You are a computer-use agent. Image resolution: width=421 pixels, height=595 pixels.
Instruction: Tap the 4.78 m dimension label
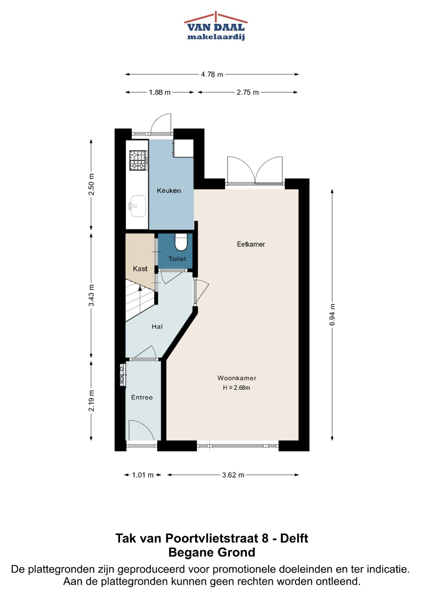212,75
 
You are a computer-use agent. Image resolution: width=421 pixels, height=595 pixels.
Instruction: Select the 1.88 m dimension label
160,93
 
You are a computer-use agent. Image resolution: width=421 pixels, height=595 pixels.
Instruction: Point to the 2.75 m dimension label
248,93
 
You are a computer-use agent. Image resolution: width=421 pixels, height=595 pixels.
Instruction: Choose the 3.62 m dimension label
233,475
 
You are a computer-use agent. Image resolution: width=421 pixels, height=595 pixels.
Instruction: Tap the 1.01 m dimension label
143,475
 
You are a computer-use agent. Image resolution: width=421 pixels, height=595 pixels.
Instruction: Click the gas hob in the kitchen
138,160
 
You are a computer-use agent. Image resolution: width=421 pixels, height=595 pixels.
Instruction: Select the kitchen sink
138,206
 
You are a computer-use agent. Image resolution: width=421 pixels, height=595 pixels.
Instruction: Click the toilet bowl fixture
181,242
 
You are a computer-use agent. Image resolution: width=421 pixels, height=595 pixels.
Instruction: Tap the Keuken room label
169,191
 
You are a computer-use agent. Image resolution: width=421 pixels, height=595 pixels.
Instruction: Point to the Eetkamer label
251,244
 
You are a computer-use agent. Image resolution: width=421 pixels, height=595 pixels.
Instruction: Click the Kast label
140,269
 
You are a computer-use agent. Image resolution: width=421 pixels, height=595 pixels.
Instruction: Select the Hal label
157,327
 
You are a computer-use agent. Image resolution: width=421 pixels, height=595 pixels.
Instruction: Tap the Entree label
142,397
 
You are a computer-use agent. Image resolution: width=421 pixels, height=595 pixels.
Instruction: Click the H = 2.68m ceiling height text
237,388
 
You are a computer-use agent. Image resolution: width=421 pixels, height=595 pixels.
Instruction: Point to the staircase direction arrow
140,288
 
